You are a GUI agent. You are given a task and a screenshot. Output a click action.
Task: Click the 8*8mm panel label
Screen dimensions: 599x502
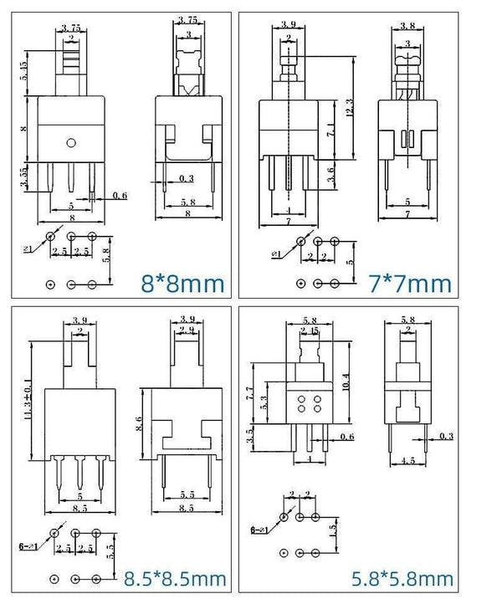pyautogui.click(x=183, y=284)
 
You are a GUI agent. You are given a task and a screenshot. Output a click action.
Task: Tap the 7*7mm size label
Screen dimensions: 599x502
pyautogui.click(x=410, y=284)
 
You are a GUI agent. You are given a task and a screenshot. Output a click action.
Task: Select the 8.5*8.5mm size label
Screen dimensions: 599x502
pyautogui.click(x=175, y=577)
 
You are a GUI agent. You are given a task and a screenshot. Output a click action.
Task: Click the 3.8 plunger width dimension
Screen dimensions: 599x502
pyautogui.click(x=407, y=26)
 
